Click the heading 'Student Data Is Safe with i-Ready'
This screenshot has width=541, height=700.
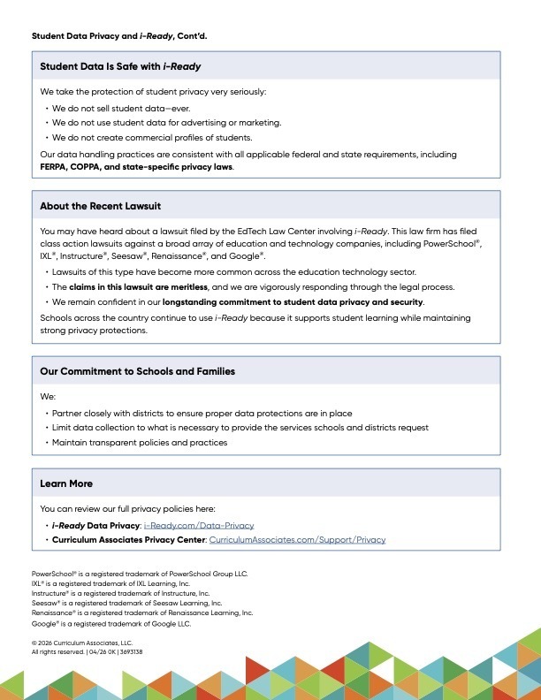point(126,66)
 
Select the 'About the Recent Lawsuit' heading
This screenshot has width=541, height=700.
point(100,206)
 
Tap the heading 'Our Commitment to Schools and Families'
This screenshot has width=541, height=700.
point(137,371)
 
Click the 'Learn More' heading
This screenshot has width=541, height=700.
point(66,483)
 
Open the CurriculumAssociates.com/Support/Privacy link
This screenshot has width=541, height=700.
point(297,539)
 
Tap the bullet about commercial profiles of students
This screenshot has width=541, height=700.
point(152,138)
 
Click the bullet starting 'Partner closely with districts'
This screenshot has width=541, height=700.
point(202,413)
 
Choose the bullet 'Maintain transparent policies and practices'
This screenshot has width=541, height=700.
point(140,442)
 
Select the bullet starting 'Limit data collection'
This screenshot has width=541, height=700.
point(240,428)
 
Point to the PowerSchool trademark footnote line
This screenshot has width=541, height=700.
point(140,574)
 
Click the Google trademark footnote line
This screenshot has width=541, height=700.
point(110,624)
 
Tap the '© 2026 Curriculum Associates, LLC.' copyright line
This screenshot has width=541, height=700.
point(82,643)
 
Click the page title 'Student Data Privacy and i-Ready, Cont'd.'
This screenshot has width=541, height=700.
point(119,36)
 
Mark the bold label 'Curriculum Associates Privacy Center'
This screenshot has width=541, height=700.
point(128,539)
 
